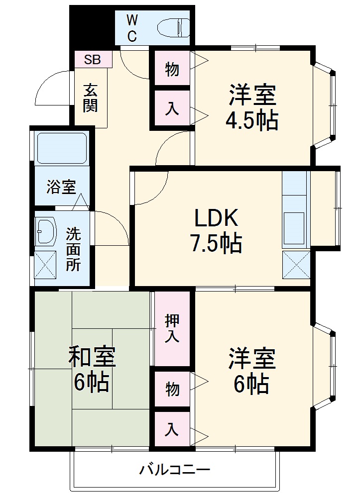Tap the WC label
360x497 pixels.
click(x=131, y=28)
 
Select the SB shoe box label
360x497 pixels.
click(x=92, y=60)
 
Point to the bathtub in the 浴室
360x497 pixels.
click(x=62, y=148)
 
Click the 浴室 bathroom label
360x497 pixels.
click(x=61, y=188)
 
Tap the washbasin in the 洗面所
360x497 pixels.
click(x=46, y=232)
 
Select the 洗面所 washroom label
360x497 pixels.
click(x=73, y=249)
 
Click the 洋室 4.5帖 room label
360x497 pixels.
click(x=252, y=107)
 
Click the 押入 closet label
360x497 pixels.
click(x=172, y=328)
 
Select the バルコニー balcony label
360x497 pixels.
click(x=175, y=469)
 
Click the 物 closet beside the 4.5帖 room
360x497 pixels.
click(x=172, y=70)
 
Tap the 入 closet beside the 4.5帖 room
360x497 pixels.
click(x=172, y=108)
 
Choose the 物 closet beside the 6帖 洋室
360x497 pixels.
click(x=172, y=389)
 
